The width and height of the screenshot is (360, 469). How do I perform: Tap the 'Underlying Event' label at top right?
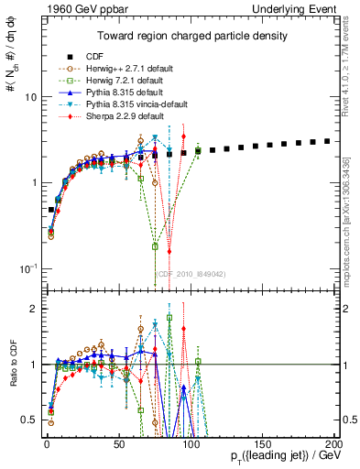click(295, 8)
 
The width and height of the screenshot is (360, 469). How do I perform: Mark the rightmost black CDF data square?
click(328, 141)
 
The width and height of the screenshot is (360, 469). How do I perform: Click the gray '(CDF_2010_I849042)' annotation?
click(190, 274)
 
